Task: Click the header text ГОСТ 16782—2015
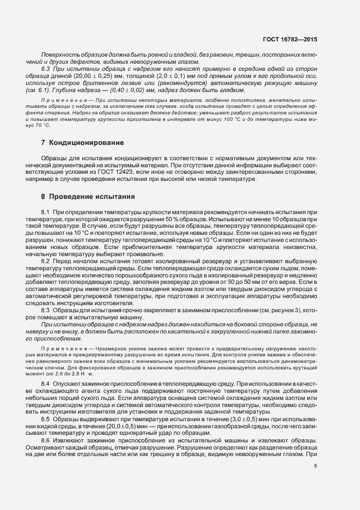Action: click(294, 40)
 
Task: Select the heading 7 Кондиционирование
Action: click(82, 143)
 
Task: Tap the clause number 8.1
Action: click(46, 211)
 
